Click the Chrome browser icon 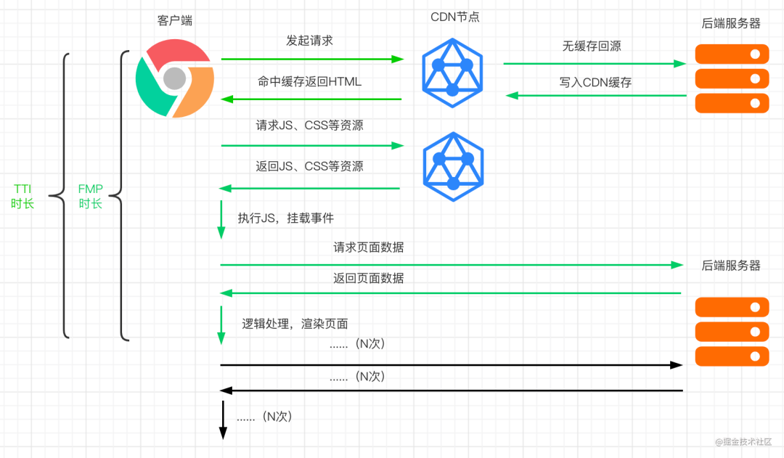(175, 78)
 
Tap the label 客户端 (174, 20)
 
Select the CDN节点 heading (455, 17)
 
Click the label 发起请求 (309, 41)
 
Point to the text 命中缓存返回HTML (309, 81)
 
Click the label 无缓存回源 (592, 46)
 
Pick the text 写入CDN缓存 (595, 82)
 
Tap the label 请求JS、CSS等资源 (309, 125)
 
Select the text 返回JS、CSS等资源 (309, 166)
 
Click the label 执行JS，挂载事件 (285, 218)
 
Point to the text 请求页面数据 (369, 247)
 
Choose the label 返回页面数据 (369, 278)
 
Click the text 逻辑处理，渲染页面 (295, 324)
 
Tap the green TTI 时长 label (23, 196)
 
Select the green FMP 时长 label (91, 196)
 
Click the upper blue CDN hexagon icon (452, 73)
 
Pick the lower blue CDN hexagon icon (453, 167)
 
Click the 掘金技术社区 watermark (743, 441)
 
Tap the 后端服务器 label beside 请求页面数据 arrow (731, 266)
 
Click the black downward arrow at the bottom (224, 420)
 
